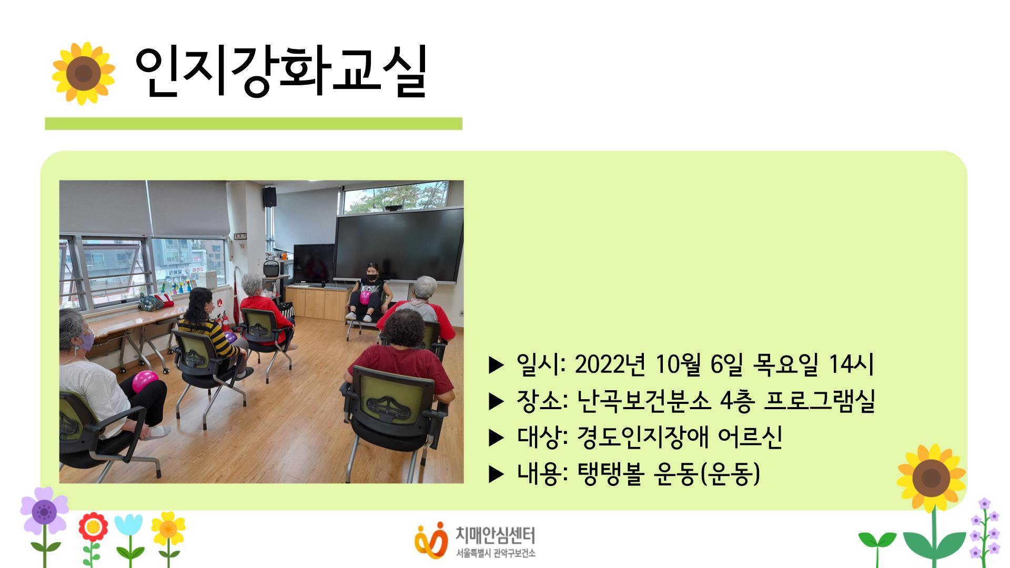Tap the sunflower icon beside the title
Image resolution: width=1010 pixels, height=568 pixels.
83,74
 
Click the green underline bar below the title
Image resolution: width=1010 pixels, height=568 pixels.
253,124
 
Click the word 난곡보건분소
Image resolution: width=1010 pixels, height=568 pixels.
644,401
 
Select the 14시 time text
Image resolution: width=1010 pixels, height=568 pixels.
851,364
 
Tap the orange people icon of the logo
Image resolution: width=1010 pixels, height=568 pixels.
430,540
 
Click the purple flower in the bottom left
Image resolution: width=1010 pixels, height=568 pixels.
44,510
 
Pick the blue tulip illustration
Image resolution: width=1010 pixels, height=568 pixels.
128,526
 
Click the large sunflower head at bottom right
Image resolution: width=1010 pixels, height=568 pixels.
931,478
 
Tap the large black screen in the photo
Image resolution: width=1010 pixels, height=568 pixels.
399,245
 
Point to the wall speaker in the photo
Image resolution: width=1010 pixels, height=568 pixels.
269,197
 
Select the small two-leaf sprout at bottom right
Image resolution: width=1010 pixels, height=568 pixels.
877,542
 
